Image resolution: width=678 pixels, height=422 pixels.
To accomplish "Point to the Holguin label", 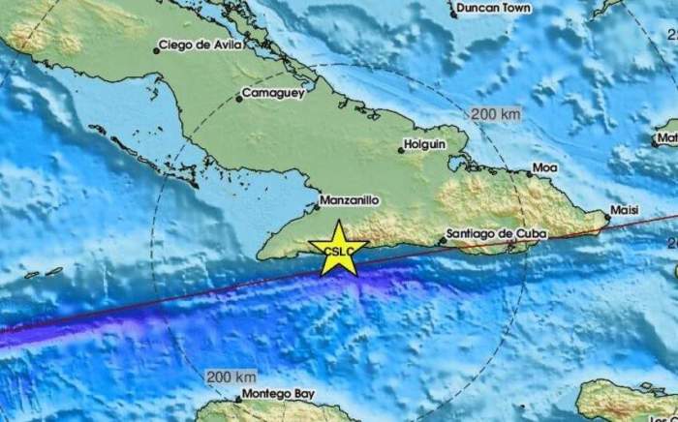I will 427,143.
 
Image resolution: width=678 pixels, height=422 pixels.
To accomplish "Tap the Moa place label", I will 545,168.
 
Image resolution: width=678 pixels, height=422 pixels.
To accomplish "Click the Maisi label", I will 625,210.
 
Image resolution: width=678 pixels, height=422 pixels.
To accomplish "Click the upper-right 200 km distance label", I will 495,113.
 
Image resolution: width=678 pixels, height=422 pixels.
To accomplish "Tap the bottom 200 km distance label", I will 231,375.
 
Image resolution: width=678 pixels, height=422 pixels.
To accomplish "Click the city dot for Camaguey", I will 239,98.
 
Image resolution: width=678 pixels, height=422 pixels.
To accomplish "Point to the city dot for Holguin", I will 400,150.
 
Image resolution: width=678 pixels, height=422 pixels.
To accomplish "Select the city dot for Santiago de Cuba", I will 443,238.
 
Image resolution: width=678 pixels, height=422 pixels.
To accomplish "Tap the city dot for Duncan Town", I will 453,14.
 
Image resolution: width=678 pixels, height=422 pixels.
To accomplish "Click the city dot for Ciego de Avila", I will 157,50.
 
